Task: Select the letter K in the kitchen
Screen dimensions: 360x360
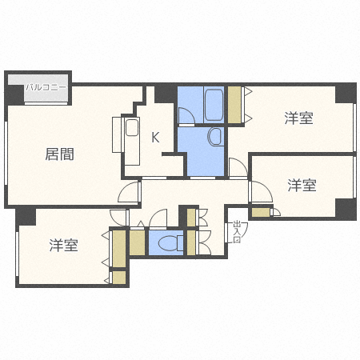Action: pyautogui.click(x=155, y=137)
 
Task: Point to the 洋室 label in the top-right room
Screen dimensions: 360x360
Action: pyautogui.click(x=298, y=118)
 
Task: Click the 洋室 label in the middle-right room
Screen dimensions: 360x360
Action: pyautogui.click(x=302, y=186)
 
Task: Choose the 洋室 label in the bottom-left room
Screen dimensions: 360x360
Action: pyautogui.click(x=63, y=246)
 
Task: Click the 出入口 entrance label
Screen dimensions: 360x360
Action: pyautogui.click(x=237, y=231)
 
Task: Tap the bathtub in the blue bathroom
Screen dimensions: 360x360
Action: pyautogui.click(x=214, y=103)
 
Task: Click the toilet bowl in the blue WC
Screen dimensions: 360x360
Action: pyautogui.click(x=169, y=242)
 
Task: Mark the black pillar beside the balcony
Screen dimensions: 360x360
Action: pyautogui.click(x=14, y=94)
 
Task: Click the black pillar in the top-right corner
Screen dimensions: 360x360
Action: pyautogui.click(x=346, y=92)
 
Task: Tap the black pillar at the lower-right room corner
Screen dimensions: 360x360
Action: pyautogui.click(x=346, y=210)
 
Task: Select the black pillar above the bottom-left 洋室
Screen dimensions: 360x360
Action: pyautogui.click(x=26, y=215)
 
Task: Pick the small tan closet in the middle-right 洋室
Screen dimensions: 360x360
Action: pyautogui.click(x=261, y=212)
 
